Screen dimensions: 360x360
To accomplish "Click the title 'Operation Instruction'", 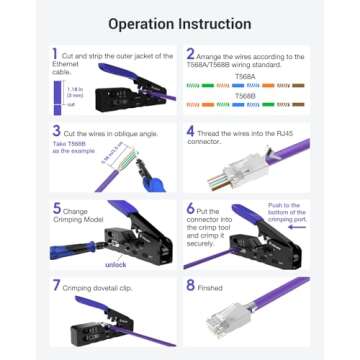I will (x=180, y=21).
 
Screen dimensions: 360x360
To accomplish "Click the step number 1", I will (x=55, y=54).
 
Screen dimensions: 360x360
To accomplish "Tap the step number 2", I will (x=190, y=55).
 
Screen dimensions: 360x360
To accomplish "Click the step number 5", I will (x=56, y=208).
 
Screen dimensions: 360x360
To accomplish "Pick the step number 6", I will (x=190, y=208).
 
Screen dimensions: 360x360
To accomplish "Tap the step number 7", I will (x=56, y=284).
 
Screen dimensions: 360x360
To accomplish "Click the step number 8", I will (x=190, y=284).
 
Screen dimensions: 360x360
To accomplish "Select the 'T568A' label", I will (x=244, y=75).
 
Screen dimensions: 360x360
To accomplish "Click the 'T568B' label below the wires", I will (x=244, y=110).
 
